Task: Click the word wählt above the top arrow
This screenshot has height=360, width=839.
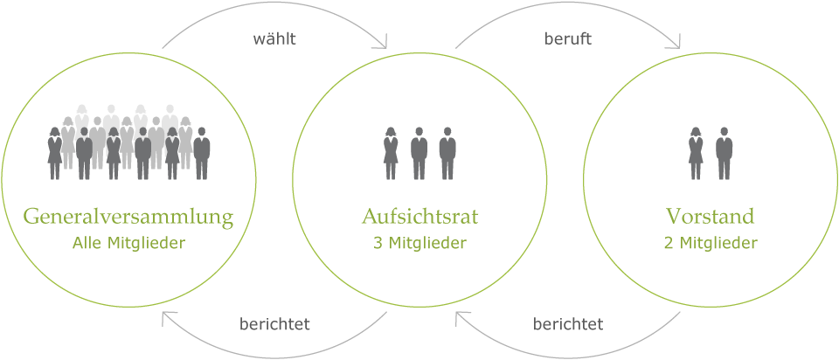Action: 274,39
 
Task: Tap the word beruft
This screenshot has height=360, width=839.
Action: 568,39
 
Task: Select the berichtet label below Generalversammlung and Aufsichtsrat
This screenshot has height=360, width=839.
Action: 274,324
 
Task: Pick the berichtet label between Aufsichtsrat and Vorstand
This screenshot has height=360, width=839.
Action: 568,323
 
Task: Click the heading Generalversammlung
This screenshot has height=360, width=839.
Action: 128,218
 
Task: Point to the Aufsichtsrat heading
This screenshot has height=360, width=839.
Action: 419,218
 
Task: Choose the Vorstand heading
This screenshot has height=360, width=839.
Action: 711,218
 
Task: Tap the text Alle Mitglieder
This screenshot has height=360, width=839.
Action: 128,244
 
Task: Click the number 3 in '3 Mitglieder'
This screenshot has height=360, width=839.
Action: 378,244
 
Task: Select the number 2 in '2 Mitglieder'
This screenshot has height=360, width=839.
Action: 669,244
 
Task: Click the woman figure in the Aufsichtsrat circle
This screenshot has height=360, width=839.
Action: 391,154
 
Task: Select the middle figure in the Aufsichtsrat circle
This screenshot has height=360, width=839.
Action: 419,154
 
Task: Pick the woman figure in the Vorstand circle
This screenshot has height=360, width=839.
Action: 696,154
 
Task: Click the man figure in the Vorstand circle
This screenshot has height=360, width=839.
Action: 724,154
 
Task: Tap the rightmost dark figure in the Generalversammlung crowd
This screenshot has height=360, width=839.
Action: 202,154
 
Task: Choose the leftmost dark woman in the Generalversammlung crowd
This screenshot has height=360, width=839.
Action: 54,154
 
